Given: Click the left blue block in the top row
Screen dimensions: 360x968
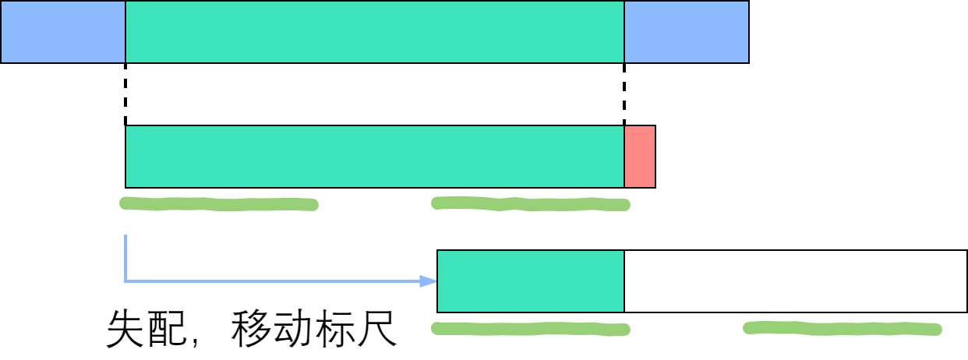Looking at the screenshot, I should tap(62, 31).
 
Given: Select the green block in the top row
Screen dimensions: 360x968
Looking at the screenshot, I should tap(374, 31).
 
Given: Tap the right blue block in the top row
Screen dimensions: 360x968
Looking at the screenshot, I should tap(686, 31).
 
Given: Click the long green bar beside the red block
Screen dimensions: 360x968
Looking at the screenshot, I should tap(374, 156).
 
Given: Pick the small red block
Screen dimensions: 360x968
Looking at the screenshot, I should tap(640, 156).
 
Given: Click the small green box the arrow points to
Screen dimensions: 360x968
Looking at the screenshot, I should tap(531, 281).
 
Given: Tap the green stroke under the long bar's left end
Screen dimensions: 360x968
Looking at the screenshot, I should tap(218, 204).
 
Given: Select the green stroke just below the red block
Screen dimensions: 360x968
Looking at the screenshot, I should tap(530, 204).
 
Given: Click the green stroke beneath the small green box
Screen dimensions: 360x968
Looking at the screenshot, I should tap(530, 329).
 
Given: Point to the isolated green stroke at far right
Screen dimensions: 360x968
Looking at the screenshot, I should tap(842, 328).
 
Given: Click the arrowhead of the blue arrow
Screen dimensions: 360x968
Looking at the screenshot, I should tap(429, 281).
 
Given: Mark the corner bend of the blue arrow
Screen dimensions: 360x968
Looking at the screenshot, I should tap(125, 281).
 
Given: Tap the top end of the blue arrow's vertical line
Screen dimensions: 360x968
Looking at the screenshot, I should tap(125, 236).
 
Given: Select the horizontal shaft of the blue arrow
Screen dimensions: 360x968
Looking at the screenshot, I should tap(273, 281).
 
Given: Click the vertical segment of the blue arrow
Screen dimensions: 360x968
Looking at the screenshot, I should tap(125, 257).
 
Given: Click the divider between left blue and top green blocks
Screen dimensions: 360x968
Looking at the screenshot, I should tap(125, 31).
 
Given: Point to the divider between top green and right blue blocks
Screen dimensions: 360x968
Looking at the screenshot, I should tap(624, 31).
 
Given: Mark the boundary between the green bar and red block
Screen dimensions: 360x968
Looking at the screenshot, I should tap(624, 156).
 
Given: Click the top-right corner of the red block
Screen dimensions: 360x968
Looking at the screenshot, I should tap(654, 127).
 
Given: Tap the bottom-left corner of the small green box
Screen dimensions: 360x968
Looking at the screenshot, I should tap(439, 311).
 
